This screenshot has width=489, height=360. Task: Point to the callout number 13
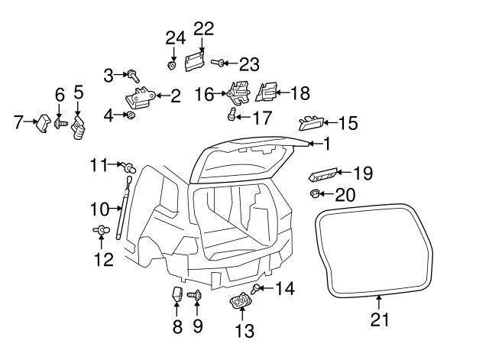point(244,331)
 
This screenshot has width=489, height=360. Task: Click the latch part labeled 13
point(239,302)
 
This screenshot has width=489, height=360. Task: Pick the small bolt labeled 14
point(256,288)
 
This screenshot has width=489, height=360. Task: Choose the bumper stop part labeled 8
point(176,294)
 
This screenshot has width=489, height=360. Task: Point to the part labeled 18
point(267,93)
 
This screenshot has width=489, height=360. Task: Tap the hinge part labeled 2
point(140,96)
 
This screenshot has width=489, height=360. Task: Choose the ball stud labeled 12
point(99,229)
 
